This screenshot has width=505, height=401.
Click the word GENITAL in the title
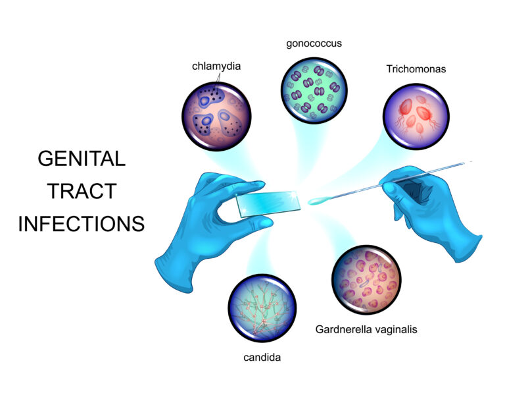[x=82, y=159]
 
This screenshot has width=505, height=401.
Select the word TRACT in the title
[x=82, y=191]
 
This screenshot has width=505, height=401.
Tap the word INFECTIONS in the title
[x=82, y=224]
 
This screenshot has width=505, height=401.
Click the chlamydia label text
[x=216, y=66]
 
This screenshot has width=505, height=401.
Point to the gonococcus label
[x=314, y=44]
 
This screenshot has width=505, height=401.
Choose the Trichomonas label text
[x=416, y=69]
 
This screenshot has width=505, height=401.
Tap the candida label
[x=262, y=358]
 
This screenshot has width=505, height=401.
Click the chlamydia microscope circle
[x=216, y=116]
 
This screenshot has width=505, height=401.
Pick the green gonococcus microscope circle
[x=314, y=90]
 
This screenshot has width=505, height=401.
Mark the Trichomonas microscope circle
[x=416, y=117]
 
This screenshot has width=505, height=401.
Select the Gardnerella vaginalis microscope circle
[x=366, y=280]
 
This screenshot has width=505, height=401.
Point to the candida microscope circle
[x=262, y=308]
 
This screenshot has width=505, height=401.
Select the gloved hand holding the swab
[x=431, y=209]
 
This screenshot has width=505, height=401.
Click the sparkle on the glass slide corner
[x=294, y=194]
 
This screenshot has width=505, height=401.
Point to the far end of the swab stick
[x=471, y=161]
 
